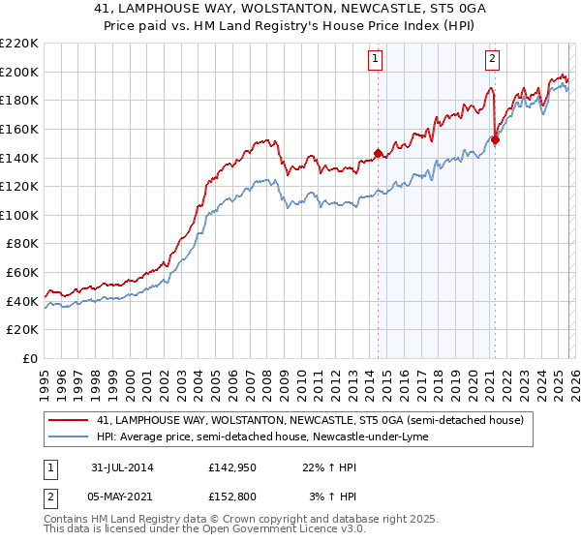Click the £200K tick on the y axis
(x=19, y=72)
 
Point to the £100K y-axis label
(x=19, y=215)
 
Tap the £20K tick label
(x=22, y=330)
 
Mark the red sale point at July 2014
(x=378, y=152)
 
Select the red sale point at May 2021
(x=495, y=139)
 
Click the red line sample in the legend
(x=70, y=420)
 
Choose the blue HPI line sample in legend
(x=70, y=437)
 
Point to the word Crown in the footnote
(x=255, y=520)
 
